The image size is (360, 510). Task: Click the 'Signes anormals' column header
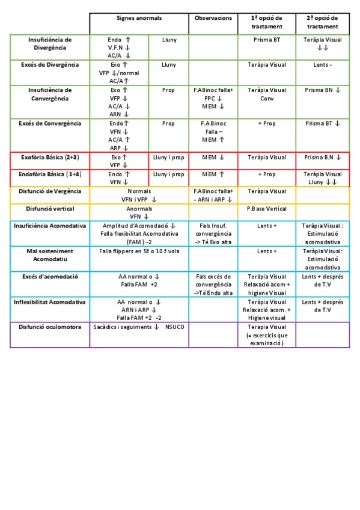coord(139,19)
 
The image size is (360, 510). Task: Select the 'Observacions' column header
coord(213,19)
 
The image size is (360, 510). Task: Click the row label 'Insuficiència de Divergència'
coord(50,43)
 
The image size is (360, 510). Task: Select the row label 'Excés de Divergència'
coord(50,64)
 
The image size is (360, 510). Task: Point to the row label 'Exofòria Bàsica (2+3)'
coord(50,158)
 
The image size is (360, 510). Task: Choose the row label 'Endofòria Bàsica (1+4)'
coord(50,174)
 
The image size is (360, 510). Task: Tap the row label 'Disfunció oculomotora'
coord(50,327)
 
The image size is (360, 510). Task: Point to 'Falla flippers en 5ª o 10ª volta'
coord(139,251)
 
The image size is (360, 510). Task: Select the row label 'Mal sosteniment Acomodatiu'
coord(50,255)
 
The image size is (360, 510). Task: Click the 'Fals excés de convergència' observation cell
coord(213,284)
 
